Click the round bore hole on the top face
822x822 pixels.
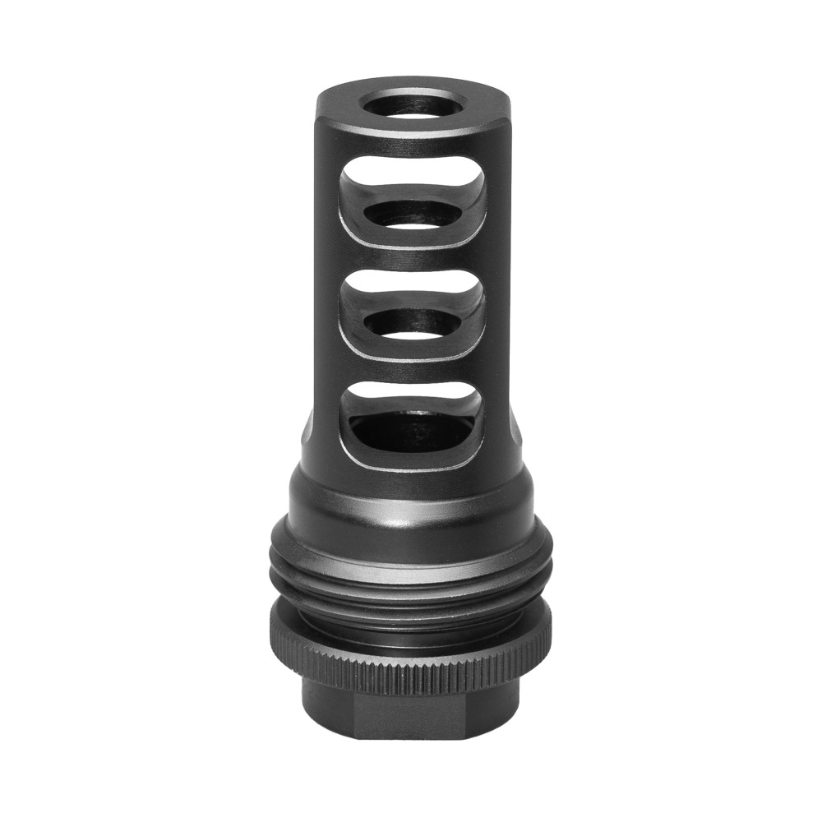click(413, 106)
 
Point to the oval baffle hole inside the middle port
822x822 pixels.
click(412, 322)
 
